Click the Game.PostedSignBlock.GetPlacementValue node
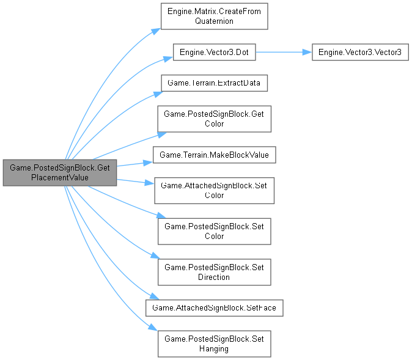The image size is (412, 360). [x=60, y=172]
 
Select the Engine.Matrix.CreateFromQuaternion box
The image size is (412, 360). [x=214, y=15]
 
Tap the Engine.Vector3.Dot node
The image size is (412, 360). [x=214, y=53]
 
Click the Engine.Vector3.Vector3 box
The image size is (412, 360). [x=359, y=53]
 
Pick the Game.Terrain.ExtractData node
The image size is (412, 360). [x=214, y=83]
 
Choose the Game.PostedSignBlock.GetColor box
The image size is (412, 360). [x=214, y=119]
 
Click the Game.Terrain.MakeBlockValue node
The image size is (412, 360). [x=214, y=155]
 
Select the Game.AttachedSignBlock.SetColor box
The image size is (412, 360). [x=214, y=191]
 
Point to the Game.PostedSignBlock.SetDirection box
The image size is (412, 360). [x=214, y=271]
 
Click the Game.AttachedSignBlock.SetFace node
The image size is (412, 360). [x=214, y=307]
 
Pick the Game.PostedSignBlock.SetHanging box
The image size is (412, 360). [x=214, y=343]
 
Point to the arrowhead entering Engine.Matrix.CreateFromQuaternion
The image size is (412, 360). [x=157, y=29]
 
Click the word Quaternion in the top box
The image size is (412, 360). [x=214, y=20]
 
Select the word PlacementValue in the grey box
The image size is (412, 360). [x=60, y=177]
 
